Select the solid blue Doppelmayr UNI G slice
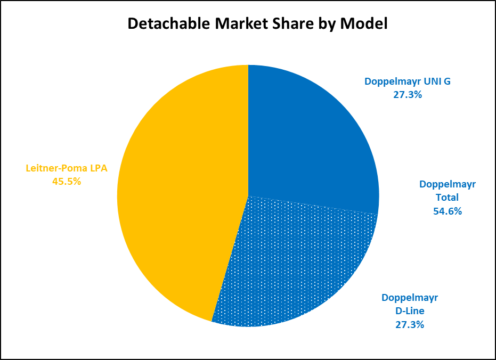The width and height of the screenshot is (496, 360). (x=309, y=138)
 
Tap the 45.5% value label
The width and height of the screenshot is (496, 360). (x=67, y=181)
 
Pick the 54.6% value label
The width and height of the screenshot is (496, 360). (x=447, y=211)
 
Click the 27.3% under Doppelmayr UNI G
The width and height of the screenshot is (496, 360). (x=408, y=95)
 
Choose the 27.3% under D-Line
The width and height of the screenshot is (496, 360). (x=409, y=324)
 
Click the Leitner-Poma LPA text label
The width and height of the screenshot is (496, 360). (x=67, y=168)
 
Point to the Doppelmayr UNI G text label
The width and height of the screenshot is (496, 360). (x=408, y=81)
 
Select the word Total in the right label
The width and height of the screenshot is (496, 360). (x=447, y=198)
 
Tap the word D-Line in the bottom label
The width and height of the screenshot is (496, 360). (x=409, y=310)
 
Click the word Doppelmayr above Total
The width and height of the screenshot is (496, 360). (x=447, y=184)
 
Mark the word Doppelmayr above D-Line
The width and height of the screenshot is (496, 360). (x=409, y=297)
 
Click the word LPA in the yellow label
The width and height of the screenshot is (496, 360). (x=98, y=168)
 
